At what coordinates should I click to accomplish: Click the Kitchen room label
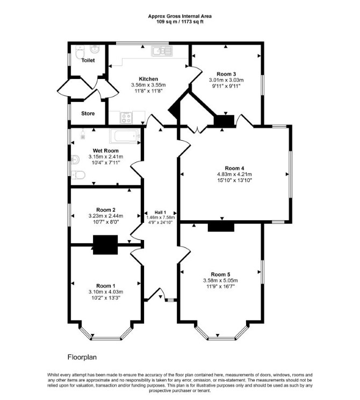tap(148, 79)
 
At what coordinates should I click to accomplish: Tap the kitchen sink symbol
tap(162, 51)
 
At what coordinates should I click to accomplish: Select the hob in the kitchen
tap(126, 118)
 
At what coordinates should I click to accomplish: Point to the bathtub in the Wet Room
tap(125, 136)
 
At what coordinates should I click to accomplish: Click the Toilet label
tap(88, 61)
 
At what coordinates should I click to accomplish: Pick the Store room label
tap(88, 113)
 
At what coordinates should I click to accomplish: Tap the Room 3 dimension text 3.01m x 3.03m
tap(226, 80)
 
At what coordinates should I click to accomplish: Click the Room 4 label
tap(234, 169)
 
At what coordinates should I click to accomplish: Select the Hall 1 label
tap(160, 212)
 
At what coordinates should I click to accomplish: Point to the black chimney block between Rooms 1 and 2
tap(105, 245)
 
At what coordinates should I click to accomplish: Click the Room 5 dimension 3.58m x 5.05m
tap(220, 281)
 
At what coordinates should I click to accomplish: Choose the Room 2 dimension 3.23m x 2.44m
tap(106, 216)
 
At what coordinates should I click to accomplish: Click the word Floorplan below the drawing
tap(82, 357)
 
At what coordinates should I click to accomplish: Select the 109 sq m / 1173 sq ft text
tap(180, 21)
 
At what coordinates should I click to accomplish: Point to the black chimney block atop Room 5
tap(221, 227)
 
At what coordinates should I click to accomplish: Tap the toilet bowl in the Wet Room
tap(78, 175)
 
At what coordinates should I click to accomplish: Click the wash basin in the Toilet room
tap(95, 49)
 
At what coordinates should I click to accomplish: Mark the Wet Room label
tap(106, 151)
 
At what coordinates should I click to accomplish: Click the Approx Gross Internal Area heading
tap(180, 16)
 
